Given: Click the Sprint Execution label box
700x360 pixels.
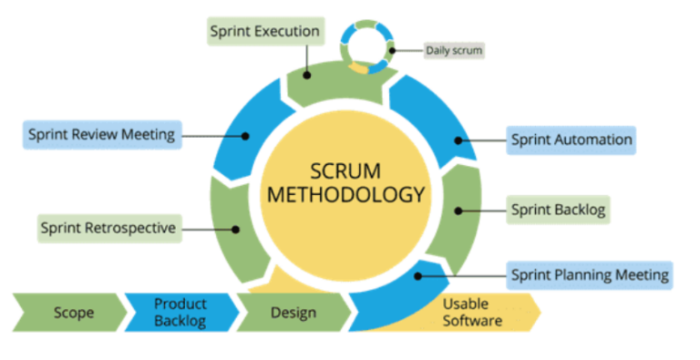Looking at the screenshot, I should (264, 32).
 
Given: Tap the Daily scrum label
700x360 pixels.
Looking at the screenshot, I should (453, 49).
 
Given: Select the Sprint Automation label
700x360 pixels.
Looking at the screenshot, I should (571, 140).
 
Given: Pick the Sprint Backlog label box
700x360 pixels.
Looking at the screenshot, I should (556, 210).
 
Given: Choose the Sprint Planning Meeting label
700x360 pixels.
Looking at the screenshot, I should (590, 274).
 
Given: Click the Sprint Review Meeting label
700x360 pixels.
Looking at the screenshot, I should (100, 135).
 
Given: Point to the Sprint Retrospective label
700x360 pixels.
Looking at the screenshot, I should (108, 227).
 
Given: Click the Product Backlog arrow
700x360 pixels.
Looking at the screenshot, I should (180, 312).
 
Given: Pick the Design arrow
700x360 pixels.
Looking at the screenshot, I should (293, 313).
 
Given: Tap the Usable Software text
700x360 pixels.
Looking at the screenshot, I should (472, 312).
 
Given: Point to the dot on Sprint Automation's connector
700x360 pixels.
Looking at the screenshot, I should (460, 140).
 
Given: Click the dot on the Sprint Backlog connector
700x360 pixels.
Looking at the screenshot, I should (460, 211).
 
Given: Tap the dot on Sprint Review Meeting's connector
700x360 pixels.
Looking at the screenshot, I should (245, 136).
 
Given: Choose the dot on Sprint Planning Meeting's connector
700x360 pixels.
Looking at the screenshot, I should (418, 274).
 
